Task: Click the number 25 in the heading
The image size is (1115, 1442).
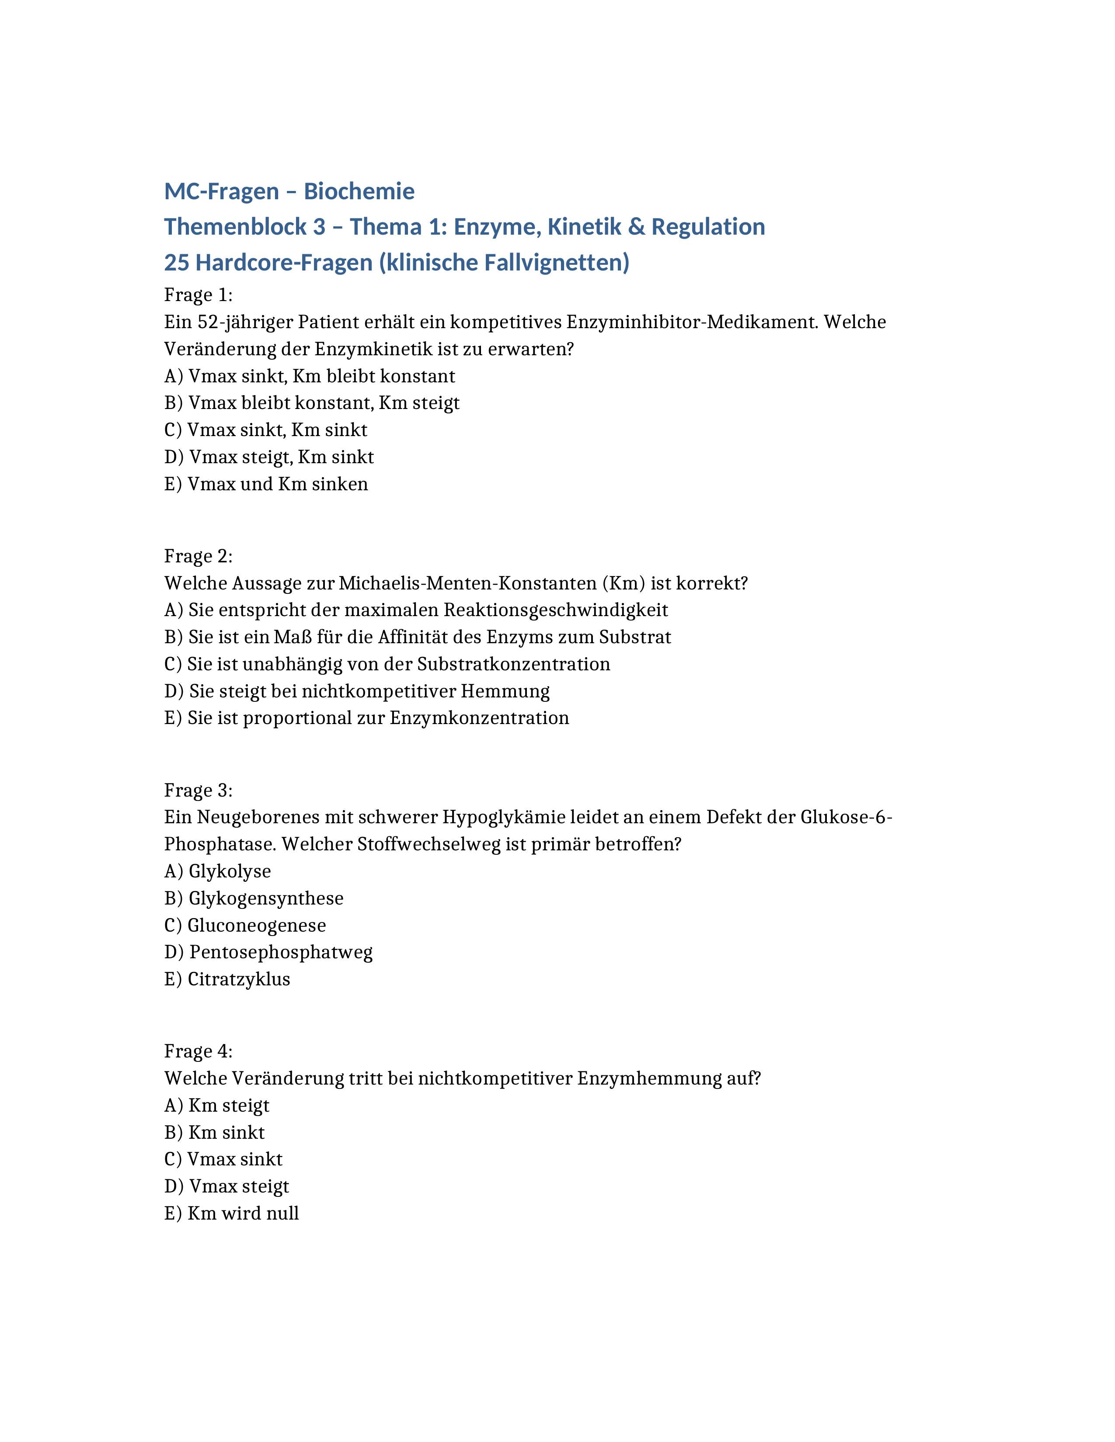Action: (176, 263)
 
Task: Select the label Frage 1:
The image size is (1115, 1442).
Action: (198, 295)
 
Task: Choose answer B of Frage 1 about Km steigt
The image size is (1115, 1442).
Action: (312, 403)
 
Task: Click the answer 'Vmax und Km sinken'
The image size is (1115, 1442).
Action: (266, 484)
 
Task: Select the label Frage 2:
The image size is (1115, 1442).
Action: (198, 556)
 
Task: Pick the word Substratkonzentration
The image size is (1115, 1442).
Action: (513, 664)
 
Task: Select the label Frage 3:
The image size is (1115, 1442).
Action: (198, 790)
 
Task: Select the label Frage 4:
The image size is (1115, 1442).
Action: (198, 1051)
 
